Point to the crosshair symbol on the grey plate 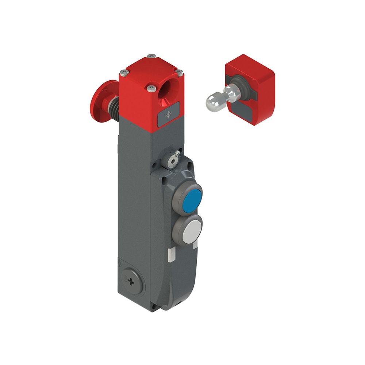pyautogui.click(x=168, y=115)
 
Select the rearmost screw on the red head pyautogui.click(x=151, y=56)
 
